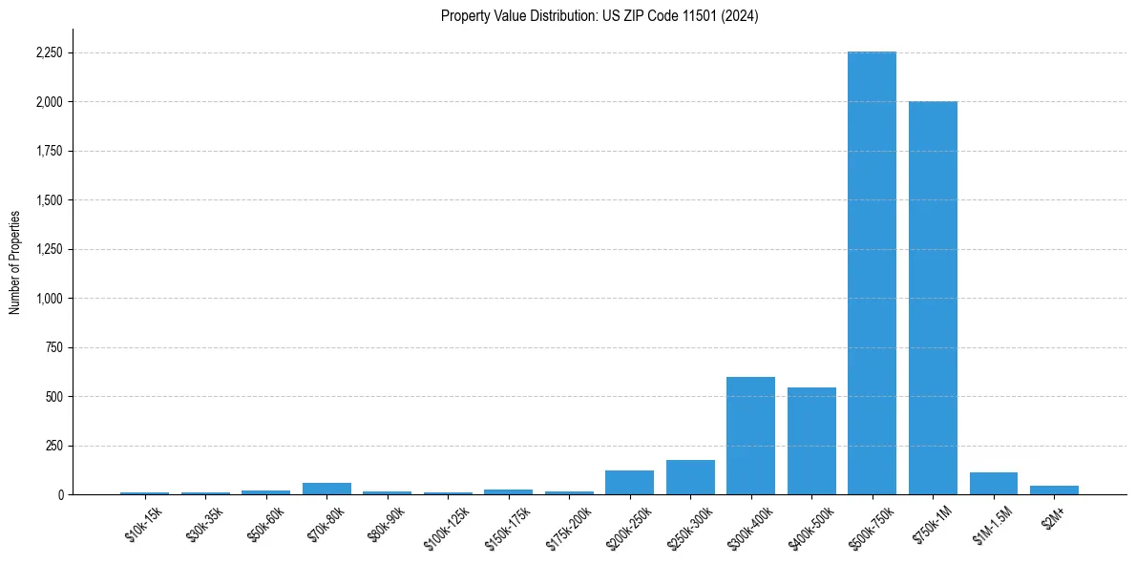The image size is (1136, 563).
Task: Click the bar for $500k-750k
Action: (x=872, y=273)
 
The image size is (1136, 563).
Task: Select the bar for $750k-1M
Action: (x=933, y=298)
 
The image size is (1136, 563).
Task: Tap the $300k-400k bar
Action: (x=750, y=436)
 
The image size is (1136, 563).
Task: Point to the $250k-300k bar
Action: (x=690, y=477)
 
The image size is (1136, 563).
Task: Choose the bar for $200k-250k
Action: (x=629, y=483)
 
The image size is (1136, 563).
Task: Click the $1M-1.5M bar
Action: (x=993, y=484)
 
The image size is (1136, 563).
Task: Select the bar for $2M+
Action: (x=1054, y=490)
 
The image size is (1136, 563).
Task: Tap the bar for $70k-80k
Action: (x=326, y=489)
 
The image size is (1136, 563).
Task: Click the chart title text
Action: (x=600, y=16)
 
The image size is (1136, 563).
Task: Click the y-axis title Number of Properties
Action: (x=15, y=261)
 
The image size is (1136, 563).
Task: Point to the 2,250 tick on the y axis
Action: (x=47, y=53)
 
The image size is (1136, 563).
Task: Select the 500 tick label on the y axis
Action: (x=53, y=397)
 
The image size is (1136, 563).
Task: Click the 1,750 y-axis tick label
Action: (x=47, y=152)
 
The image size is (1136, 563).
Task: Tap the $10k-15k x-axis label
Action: (x=144, y=525)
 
